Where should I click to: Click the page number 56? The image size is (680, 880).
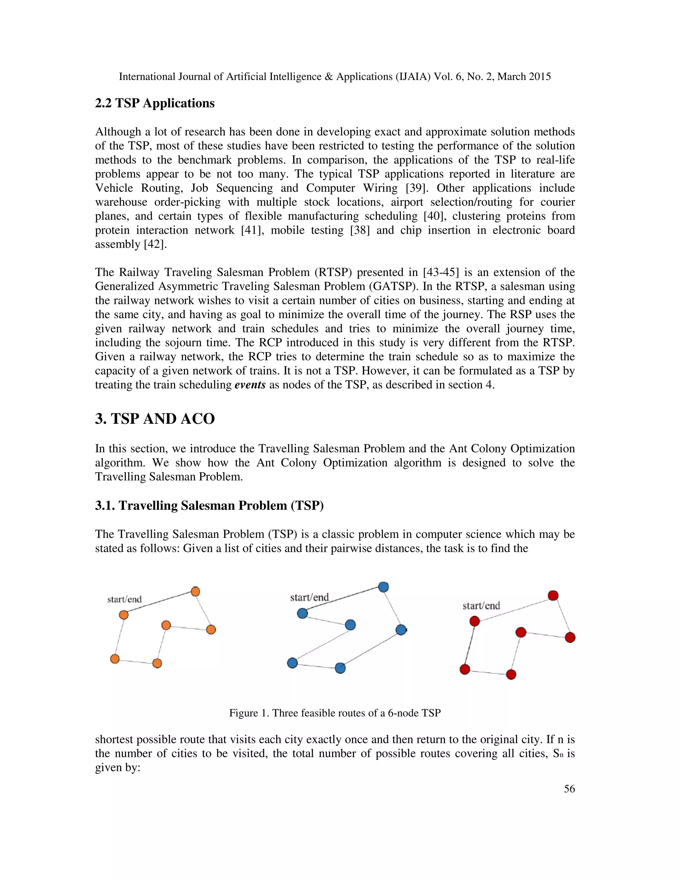pos(569,789)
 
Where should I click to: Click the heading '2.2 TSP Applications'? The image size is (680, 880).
pos(155,103)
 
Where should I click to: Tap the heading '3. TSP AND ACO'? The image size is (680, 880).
pos(155,419)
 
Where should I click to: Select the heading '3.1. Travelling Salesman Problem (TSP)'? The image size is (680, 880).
pos(209,505)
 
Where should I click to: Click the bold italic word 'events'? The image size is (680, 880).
pos(250,385)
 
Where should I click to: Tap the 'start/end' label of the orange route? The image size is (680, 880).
pos(125,599)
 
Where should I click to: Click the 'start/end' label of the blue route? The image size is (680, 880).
pos(309,597)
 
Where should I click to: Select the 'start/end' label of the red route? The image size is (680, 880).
pos(481,606)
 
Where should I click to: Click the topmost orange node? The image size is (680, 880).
pos(195,591)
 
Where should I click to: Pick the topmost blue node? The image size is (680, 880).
pos(383,587)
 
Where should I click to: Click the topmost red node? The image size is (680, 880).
pos(553,595)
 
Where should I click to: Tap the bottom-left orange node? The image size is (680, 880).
pos(115,659)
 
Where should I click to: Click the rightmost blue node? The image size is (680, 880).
pos(401,630)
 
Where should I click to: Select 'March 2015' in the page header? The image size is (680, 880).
pos(524,77)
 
